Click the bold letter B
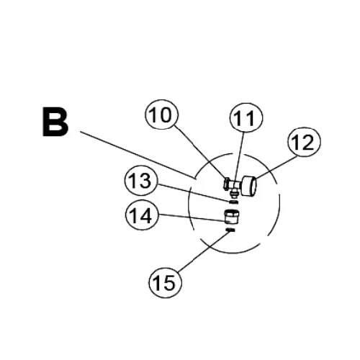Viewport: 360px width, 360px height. click(55, 122)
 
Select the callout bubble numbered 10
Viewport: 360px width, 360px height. click(161, 114)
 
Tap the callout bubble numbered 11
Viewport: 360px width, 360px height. click(246, 117)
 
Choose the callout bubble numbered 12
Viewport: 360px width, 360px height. click(304, 142)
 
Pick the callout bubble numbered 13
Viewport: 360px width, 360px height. click(141, 181)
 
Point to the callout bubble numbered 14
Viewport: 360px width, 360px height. click(142, 215)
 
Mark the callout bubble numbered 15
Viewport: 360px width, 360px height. click(165, 283)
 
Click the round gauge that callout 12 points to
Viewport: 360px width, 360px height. click(249, 186)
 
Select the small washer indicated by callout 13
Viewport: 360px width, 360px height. click(233, 202)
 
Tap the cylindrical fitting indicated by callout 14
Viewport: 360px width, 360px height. click(232, 216)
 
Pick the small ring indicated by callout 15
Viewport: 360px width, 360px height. click(230, 230)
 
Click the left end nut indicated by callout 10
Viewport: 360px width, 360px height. click(226, 184)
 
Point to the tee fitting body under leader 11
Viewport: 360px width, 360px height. click(235, 185)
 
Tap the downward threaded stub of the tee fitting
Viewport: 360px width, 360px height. click(234, 192)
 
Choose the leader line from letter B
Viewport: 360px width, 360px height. click(138, 155)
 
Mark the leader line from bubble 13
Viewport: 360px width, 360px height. click(194, 193)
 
